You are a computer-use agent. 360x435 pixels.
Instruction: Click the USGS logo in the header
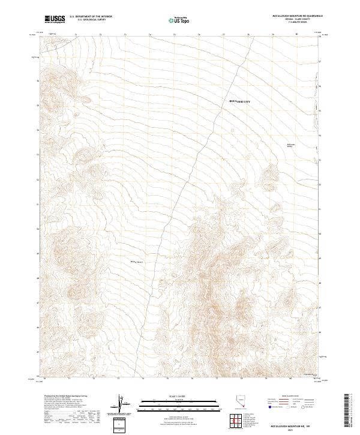coord(55,19)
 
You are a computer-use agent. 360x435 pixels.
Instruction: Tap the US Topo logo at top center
coord(175,19)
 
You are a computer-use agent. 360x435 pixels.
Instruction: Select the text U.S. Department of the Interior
coord(91,16)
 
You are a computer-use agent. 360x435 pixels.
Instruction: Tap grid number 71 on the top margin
coord(76,35)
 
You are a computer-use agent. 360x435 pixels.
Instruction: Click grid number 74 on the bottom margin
coord(142,379)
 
